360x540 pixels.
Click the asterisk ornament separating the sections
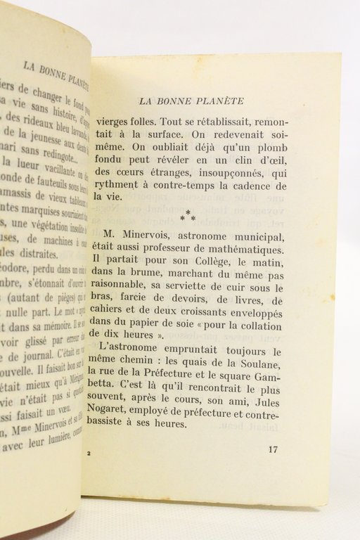[x=187, y=212]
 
